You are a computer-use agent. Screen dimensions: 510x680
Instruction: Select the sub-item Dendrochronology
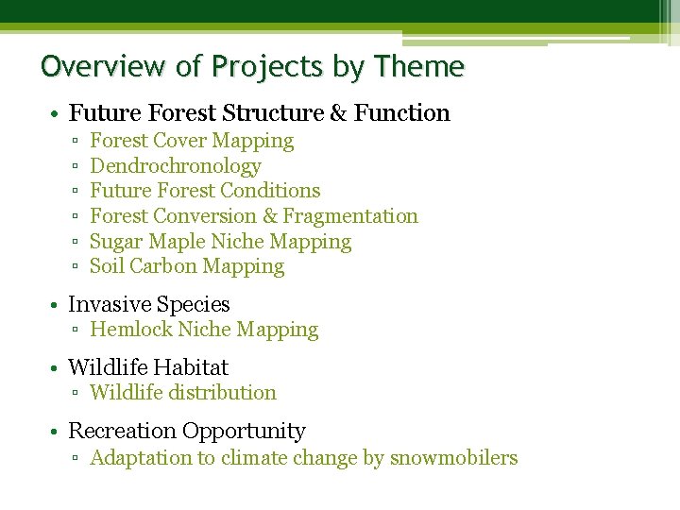click(x=175, y=166)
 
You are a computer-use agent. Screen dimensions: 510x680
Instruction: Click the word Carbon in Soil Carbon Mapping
click(x=163, y=267)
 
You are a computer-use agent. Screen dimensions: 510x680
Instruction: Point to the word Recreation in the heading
click(x=122, y=432)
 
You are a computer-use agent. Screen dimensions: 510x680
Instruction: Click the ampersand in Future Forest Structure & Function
click(x=337, y=113)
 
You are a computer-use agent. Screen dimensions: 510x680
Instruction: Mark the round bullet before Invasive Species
click(x=57, y=305)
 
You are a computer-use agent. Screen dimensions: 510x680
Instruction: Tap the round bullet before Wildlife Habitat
click(x=57, y=368)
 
